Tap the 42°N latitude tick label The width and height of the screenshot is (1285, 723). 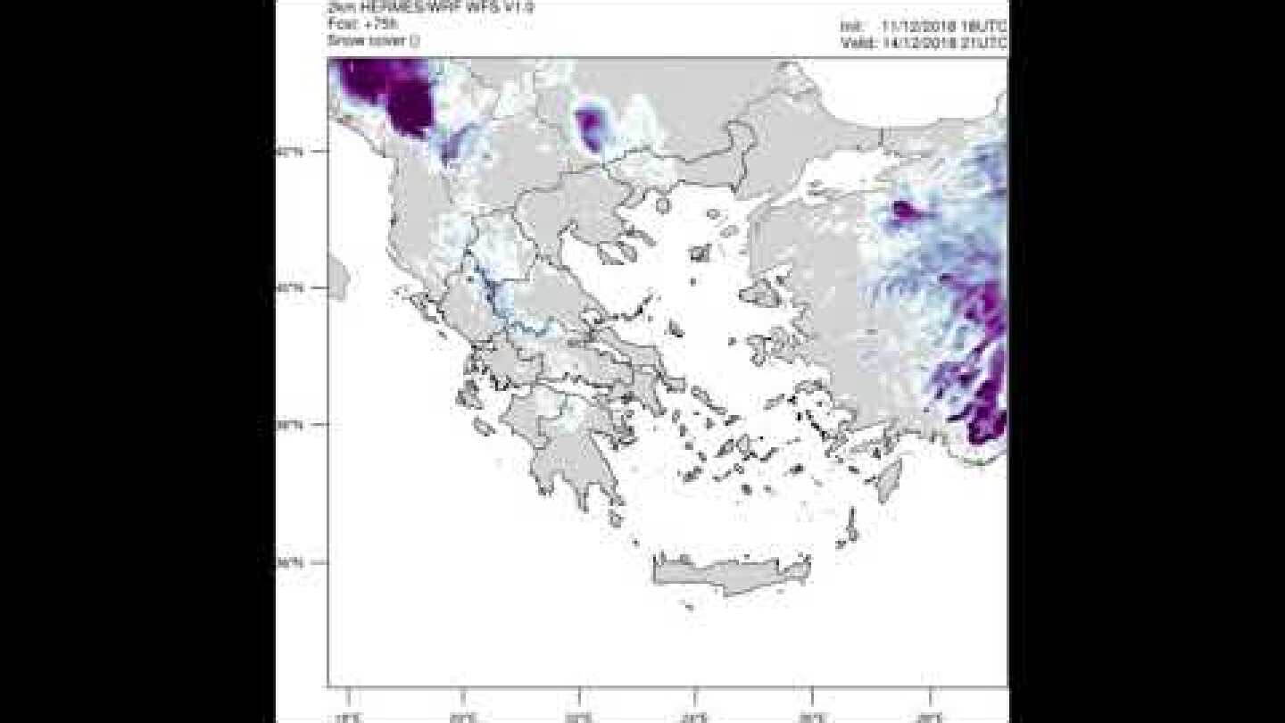click(289, 152)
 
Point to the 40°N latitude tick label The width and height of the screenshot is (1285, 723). click(289, 288)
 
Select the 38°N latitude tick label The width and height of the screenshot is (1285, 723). click(289, 425)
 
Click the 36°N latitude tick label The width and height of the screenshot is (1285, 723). click(289, 562)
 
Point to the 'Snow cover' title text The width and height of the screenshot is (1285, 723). click(373, 41)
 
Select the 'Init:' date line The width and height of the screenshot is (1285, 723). click(923, 27)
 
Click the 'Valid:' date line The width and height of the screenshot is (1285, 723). click(923, 42)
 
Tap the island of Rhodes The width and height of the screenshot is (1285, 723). click(889, 478)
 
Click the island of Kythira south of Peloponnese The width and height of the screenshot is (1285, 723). click(616, 517)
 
